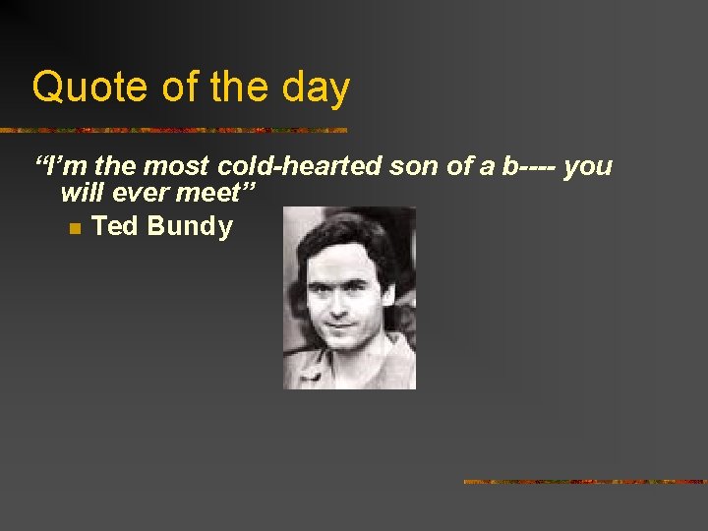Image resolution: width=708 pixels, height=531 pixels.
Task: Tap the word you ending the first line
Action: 589,166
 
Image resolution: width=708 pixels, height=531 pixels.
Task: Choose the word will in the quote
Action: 82,194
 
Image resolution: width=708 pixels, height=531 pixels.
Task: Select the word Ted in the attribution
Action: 114,226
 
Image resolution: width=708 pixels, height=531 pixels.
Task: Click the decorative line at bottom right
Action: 585,482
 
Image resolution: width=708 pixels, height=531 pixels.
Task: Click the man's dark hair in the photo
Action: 344,236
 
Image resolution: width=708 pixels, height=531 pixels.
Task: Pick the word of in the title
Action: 181,88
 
